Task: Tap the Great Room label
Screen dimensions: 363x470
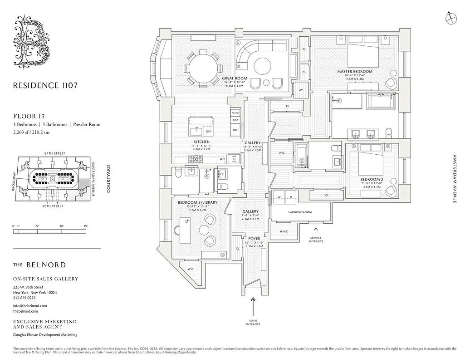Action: click(x=235, y=78)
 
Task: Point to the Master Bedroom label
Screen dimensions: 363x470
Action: click(x=354, y=72)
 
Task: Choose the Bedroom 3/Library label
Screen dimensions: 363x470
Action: click(x=197, y=202)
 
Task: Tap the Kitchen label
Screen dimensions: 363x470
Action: click(x=201, y=142)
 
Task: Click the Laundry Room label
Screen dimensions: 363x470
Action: click(x=299, y=212)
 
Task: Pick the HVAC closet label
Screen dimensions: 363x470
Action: click(x=284, y=231)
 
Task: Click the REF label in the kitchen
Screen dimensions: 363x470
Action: click(x=235, y=130)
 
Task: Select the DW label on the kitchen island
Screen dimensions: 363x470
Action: click(x=208, y=132)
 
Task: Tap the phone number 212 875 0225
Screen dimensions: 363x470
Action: click(x=24, y=298)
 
